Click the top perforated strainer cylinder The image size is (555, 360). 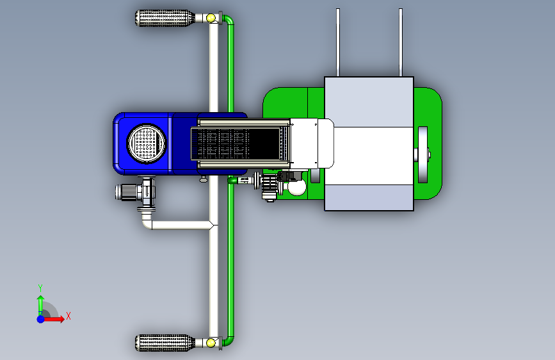click(x=165, y=18)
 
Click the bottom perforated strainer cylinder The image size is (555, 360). click(x=165, y=343)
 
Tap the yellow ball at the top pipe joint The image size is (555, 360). click(x=211, y=18)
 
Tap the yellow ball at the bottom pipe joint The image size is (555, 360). click(x=211, y=343)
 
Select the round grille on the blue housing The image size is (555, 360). click(x=146, y=143)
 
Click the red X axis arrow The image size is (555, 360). click(x=53, y=319)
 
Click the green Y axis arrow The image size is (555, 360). click(x=41, y=306)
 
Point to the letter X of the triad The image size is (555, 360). click(x=68, y=316)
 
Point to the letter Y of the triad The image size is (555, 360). click(x=40, y=288)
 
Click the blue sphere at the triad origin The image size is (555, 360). click(x=41, y=319)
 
